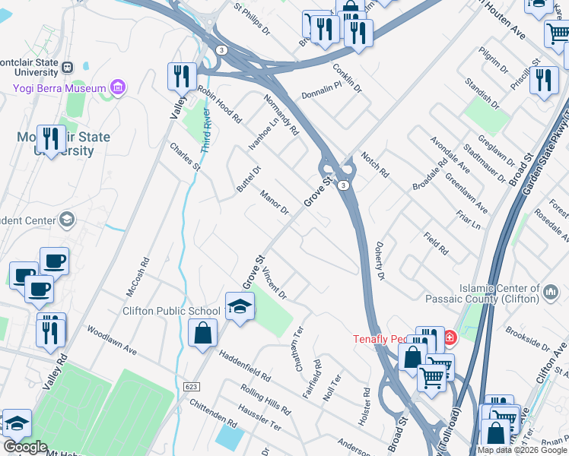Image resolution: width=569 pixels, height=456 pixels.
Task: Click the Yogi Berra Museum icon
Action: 117,88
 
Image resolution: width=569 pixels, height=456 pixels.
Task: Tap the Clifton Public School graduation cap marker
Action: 240,306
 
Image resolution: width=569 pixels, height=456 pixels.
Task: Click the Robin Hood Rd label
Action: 219,105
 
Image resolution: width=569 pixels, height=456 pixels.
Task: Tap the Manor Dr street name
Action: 274,202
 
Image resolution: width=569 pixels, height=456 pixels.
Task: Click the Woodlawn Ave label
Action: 111,342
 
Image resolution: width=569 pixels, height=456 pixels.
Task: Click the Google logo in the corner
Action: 25,447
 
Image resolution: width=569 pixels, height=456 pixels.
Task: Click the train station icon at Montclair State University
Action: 67,67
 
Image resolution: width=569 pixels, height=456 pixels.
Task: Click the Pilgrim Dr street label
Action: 494,60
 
